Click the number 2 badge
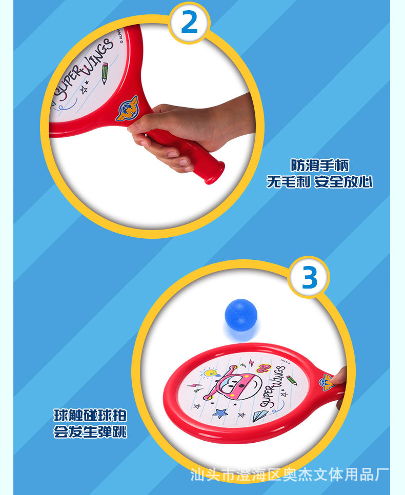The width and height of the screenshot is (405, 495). (189, 23)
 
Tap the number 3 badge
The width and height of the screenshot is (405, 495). (309, 278)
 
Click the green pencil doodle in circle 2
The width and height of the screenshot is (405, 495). (105, 73)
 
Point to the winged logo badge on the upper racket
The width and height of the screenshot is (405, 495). (126, 108)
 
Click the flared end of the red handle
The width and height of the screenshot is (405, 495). (215, 173)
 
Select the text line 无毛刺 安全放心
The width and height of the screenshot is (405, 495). (319, 182)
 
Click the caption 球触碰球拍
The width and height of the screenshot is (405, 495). (90, 415)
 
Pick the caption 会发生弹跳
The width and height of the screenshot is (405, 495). (90, 432)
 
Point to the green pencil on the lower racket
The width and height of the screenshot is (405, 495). (292, 380)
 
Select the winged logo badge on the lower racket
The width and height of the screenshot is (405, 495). (327, 381)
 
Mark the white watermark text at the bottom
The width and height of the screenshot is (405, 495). (290, 474)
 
